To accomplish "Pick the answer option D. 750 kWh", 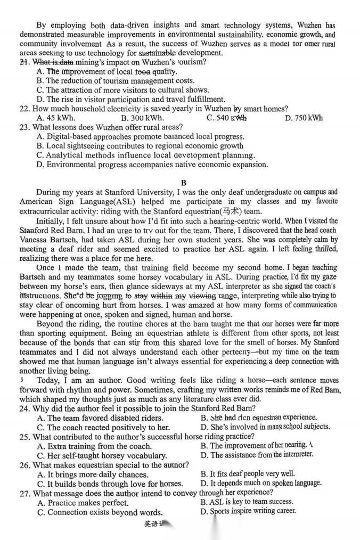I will pyautogui.click(x=304, y=118).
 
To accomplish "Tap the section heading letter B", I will pyautogui.click(x=183, y=183).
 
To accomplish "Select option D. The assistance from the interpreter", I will pyautogui.click(x=257, y=455).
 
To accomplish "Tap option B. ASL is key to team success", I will pyautogui.click(x=247, y=502).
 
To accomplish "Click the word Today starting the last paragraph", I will pyautogui.click(x=48, y=380).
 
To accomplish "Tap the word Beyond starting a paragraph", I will pyautogui.click(x=50, y=323).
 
